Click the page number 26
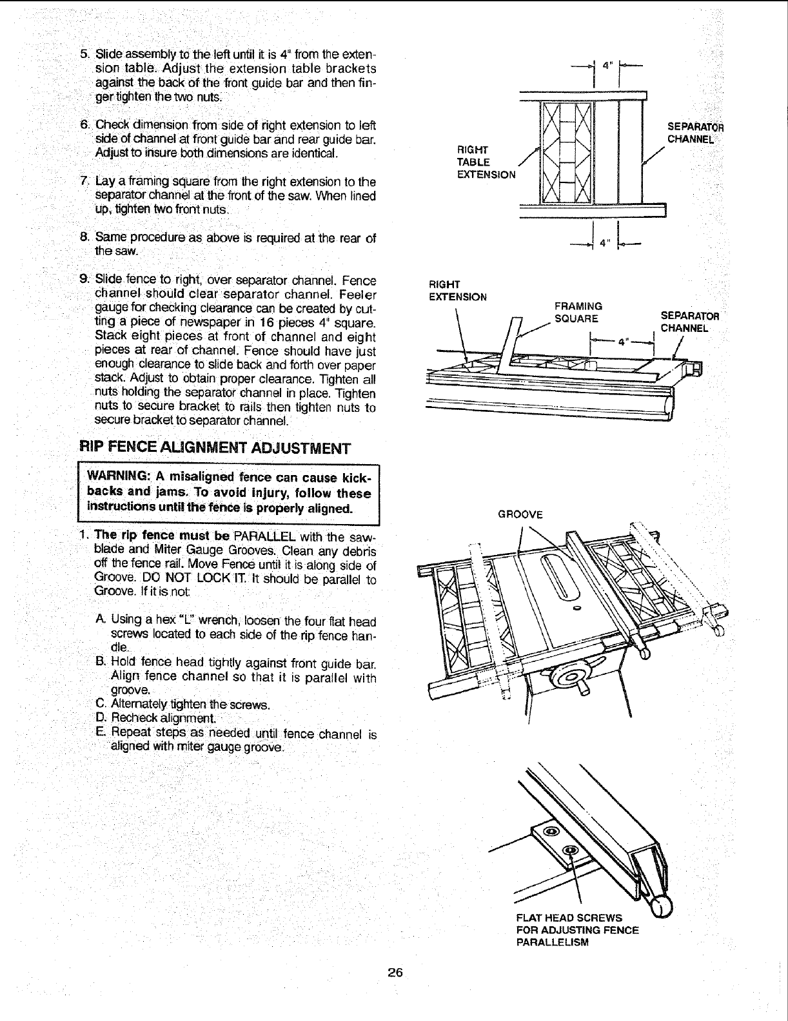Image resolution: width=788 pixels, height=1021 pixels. click(x=395, y=973)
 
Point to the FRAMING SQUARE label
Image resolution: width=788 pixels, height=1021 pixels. click(x=577, y=312)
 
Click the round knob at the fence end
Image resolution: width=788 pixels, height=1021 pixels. click(x=661, y=907)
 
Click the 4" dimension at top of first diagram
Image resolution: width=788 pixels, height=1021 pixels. click(x=605, y=64)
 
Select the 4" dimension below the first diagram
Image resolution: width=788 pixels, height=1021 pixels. click(x=604, y=243)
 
